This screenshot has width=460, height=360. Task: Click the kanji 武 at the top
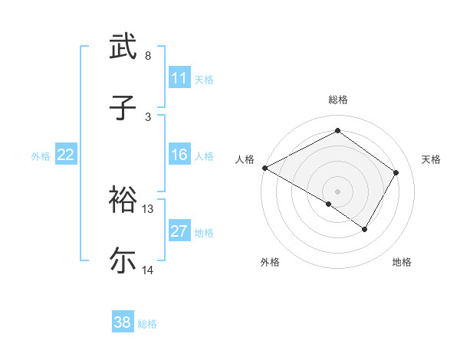pyautogui.click(x=123, y=47)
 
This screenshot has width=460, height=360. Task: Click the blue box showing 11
pyautogui.click(x=179, y=78)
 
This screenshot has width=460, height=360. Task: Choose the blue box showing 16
pyautogui.click(x=179, y=155)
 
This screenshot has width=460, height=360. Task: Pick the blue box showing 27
pyautogui.click(x=179, y=232)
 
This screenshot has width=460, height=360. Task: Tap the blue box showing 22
pyautogui.click(x=65, y=155)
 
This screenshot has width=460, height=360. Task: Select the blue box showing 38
pyautogui.click(x=123, y=323)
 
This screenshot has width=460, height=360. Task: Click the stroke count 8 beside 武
pyautogui.click(x=147, y=55)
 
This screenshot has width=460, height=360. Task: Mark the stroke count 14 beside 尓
pyautogui.click(x=148, y=270)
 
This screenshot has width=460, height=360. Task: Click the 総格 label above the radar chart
pyautogui.click(x=337, y=100)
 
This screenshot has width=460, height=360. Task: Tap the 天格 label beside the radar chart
pyautogui.click(x=432, y=159)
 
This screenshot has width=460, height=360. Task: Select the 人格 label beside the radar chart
pyautogui.click(x=245, y=159)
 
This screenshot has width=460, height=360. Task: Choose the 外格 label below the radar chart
pyautogui.click(x=270, y=263)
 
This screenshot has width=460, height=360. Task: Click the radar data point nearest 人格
pyautogui.click(x=264, y=168)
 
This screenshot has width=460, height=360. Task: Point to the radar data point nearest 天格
pyautogui.click(x=396, y=173)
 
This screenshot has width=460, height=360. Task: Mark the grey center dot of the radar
pyautogui.click(x=337, y=191)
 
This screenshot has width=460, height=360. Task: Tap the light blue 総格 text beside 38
pyautogui.click(x=147, y=324)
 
